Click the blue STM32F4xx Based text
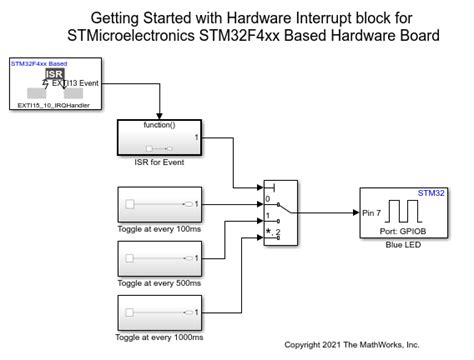(37, 63)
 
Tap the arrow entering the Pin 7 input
(351, 212)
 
